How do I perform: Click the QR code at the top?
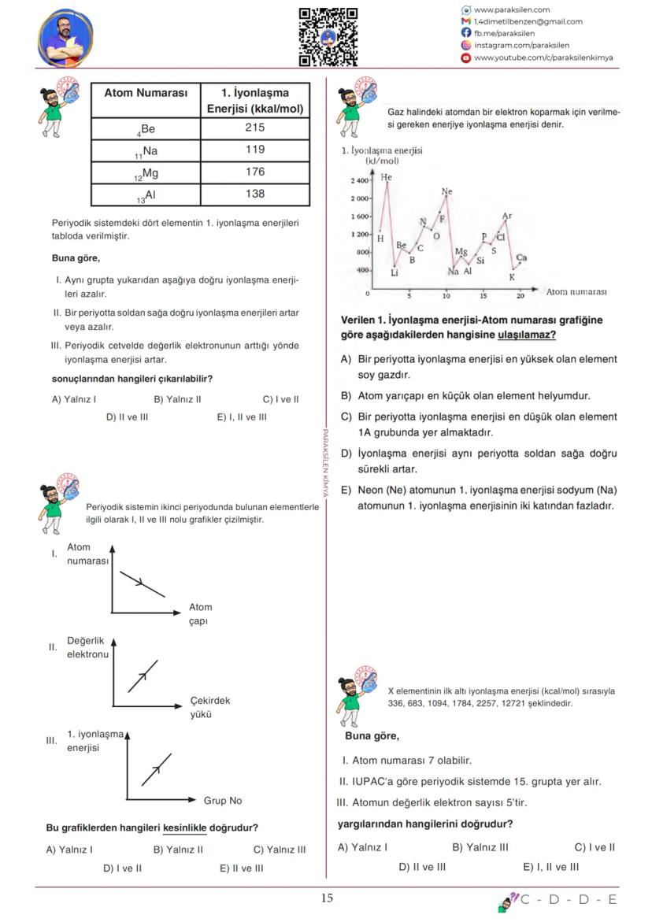(328, 36)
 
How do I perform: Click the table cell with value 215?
(255, 128)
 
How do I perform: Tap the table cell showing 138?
(255, 194)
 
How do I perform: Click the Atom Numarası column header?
(146, 93)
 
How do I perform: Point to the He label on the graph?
(386, 177)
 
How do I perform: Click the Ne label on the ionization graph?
(447, 191)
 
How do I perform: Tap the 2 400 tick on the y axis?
(360, 181)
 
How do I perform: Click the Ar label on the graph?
(507, 216)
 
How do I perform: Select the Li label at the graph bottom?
(395, 273)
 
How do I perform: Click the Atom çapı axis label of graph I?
(200, 614)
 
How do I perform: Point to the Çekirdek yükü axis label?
(210, 707)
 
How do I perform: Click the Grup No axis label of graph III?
(223, 801)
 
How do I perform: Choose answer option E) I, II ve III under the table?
(242, 417)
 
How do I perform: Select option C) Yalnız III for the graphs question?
(279, 850)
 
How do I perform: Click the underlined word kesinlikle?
(184, 828)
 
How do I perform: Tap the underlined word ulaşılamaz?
(527, 335)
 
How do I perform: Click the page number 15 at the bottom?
(327, 898)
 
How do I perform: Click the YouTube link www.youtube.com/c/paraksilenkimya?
(543, 57)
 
